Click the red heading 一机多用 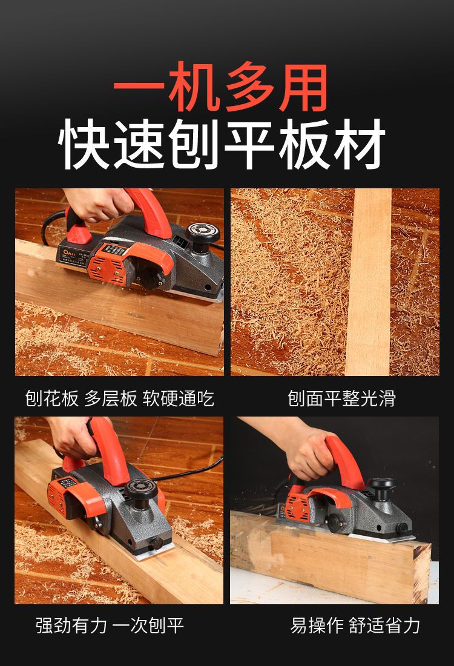tap(220, 87)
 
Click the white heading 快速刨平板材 tap(222, 144)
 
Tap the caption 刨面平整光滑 tap(341, 398)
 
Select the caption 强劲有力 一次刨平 tap(110, 625)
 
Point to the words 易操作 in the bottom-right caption tap(317, 625)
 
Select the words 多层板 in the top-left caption tap(110, 398)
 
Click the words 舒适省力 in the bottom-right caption tap(384, 625)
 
